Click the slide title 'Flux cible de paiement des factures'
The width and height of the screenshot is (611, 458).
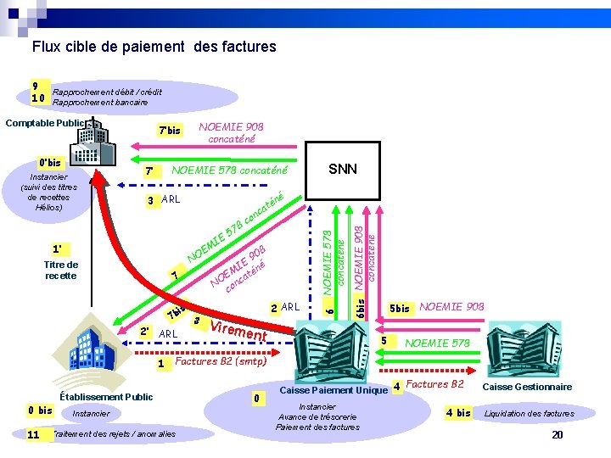tap(154, 47)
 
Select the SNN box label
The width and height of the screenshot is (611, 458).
tap(342, 169)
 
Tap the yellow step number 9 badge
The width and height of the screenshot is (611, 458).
tap(36, 87)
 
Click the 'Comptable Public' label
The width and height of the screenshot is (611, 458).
tap(44, 123)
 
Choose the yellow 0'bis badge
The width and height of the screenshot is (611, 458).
tap(50, 163)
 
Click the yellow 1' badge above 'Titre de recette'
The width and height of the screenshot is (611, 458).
tap(58, 249)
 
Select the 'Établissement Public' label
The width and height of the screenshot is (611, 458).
tap(106, 396)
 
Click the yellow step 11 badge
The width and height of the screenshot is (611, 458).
tap(34, 434)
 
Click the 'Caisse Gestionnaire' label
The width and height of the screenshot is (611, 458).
tap(527, 387)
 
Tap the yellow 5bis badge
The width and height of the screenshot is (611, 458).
tap(398, 308)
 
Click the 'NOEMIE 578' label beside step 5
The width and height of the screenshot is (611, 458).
tap(437, 343)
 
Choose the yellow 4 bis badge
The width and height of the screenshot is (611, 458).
tap(458, 413)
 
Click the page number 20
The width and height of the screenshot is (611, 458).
tap(558, 434)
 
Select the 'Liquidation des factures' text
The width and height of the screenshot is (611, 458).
tap(529, 414)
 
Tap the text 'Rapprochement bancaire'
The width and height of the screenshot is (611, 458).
tap(100, 102)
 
